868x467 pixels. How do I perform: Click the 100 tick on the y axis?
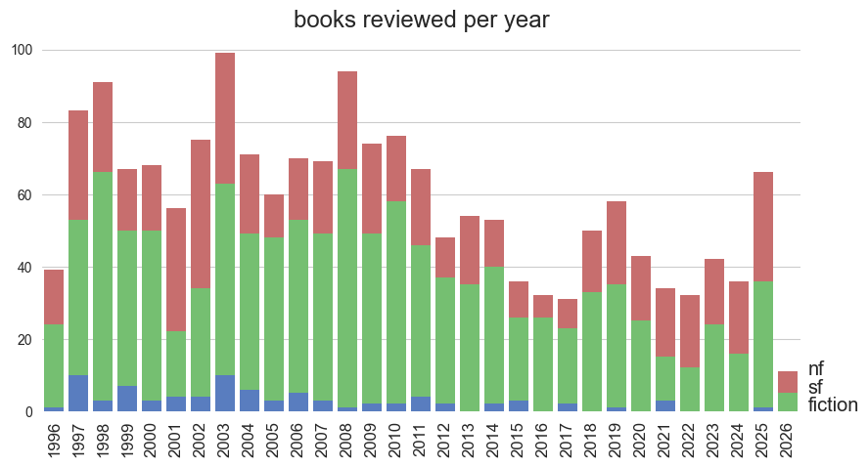click(x=23, y=51)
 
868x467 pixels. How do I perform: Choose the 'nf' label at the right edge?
click(x=816, y=369)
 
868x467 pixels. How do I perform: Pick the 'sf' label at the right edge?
click(x=814, y=387)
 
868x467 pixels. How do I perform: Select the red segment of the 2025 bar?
click(x=763, y=227)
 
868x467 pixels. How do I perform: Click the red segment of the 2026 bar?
click(x=788, y=382)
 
